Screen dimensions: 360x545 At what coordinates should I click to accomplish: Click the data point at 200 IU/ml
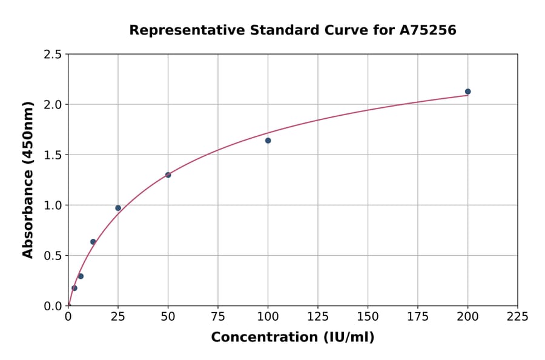point(467,92)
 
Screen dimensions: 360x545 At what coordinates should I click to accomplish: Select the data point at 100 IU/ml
point(268,141)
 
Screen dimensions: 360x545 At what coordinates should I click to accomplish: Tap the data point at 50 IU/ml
point(168,175)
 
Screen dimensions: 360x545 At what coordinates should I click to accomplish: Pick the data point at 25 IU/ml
point(118,208)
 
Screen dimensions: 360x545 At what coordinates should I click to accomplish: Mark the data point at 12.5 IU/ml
point(93,242)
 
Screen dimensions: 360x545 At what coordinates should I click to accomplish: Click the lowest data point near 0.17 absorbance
point(74,288)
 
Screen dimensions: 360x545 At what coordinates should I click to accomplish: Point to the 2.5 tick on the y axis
point(53,55)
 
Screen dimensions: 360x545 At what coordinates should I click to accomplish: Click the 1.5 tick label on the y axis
point(53,155)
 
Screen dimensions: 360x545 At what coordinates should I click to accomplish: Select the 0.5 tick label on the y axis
point(53,256)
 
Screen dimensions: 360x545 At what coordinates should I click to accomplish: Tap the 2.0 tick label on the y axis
point(53,105)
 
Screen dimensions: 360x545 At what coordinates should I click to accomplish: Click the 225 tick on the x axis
point(517,316)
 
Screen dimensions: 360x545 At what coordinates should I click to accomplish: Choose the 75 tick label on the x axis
point(218,316)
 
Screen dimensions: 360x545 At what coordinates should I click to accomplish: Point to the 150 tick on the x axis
point(368,316)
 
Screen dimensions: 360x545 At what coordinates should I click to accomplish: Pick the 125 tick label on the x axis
point(318,316)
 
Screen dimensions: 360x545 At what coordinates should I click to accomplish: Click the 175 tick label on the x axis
point(417,316)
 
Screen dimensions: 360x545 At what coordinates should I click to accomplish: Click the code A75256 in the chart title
point(428,30)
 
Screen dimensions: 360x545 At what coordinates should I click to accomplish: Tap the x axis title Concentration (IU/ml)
point(292,338)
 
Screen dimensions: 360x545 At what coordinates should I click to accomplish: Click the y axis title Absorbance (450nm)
point(28,179)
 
